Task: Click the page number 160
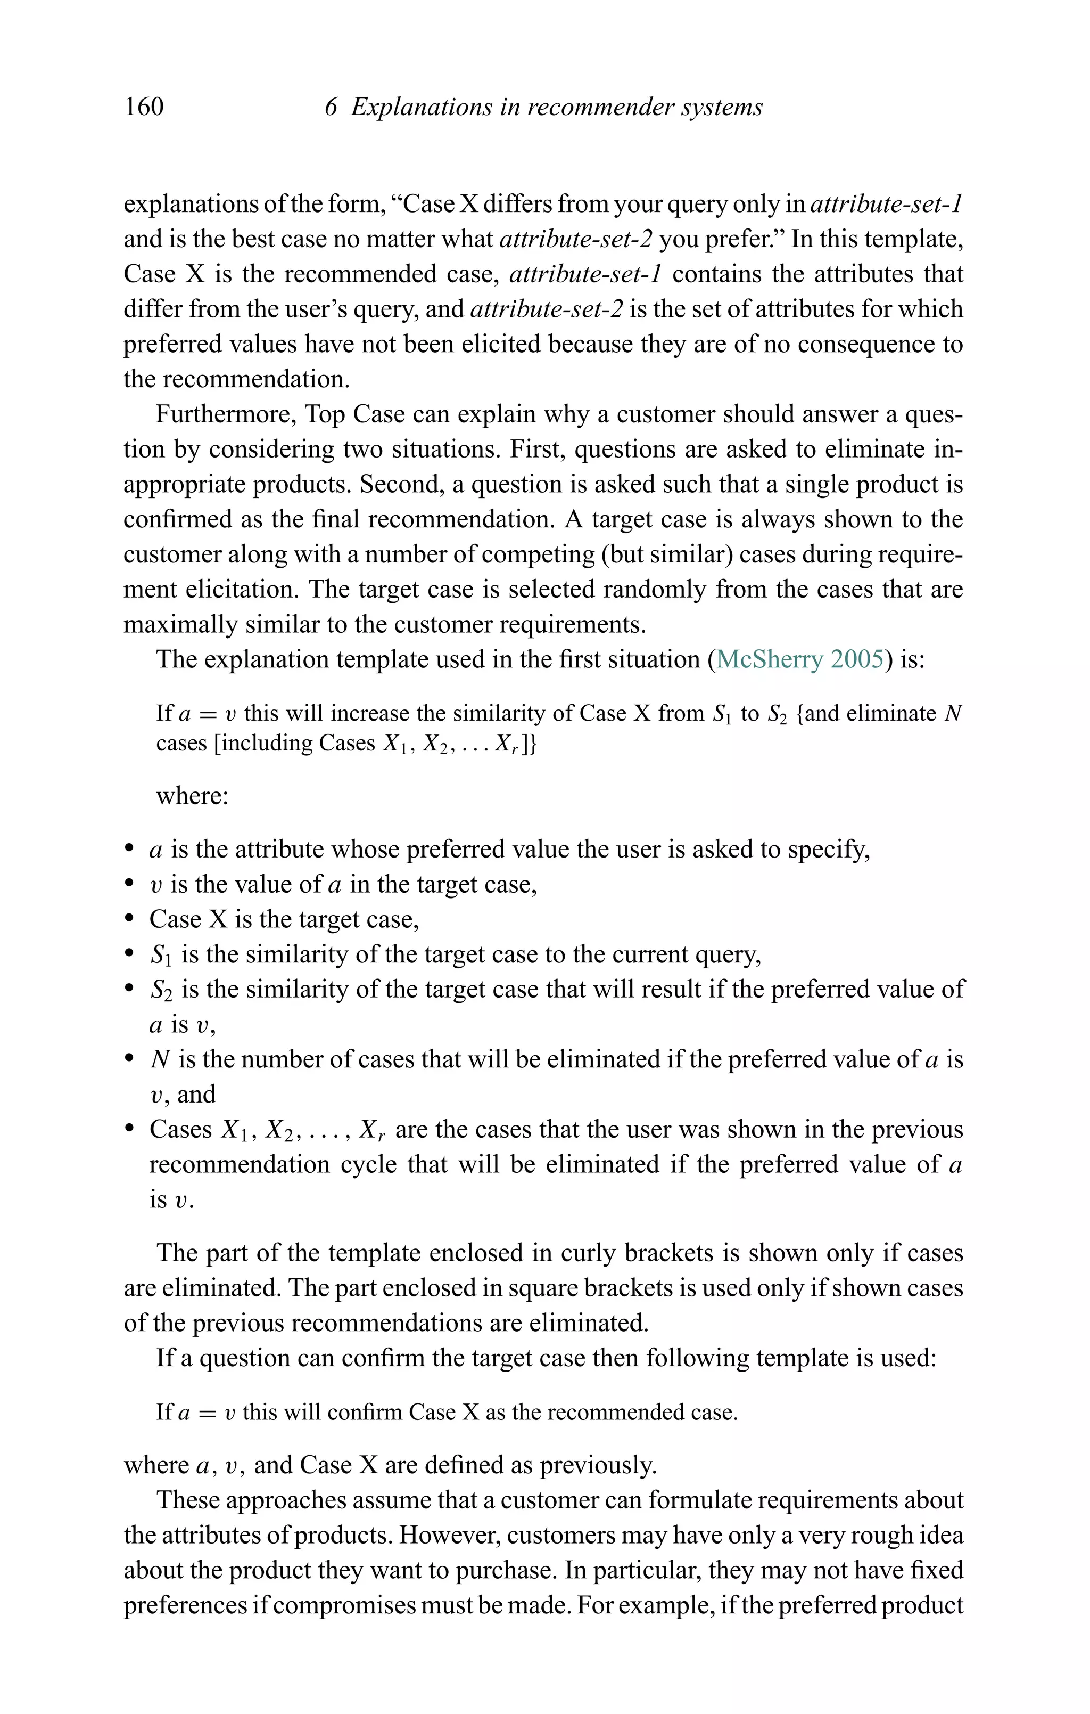point(144,107)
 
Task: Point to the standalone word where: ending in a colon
point(192,795)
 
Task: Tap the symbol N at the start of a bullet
point(159,1059)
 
